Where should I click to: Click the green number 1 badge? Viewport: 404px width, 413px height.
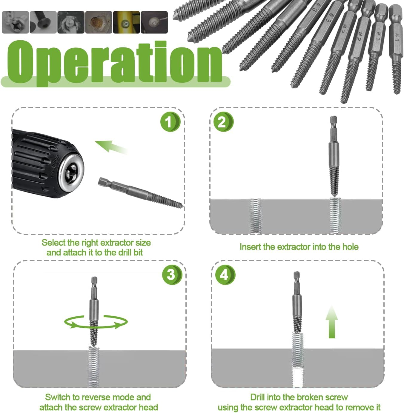tap(170, 122)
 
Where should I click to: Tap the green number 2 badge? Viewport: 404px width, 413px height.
tap(223, 122)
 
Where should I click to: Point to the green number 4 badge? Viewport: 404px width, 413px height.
tap(225, 275)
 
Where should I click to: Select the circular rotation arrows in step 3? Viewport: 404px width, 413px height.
tap(96, 322)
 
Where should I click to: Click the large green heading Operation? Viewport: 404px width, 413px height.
tap(115, 63)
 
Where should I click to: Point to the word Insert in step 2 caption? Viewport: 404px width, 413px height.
tap(250, 247)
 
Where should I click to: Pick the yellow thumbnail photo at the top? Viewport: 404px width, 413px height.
tap(126, 22)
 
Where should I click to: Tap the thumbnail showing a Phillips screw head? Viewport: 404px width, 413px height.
tap(15, 22)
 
